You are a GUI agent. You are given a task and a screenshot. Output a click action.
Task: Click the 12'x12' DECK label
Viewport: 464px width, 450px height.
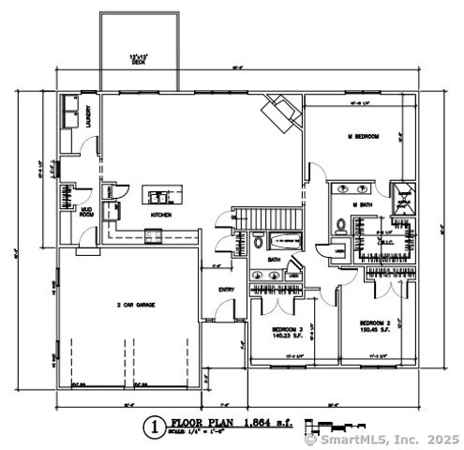click(140, 59)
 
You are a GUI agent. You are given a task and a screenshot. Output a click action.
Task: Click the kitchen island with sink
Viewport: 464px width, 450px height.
click(160, 196)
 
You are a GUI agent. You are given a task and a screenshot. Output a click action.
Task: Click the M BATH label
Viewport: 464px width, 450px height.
click(363, 204)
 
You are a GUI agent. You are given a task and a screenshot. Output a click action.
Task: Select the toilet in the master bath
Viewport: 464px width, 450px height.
click(337, 225)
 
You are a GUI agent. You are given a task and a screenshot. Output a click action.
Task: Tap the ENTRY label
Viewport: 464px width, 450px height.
click(226, 289)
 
